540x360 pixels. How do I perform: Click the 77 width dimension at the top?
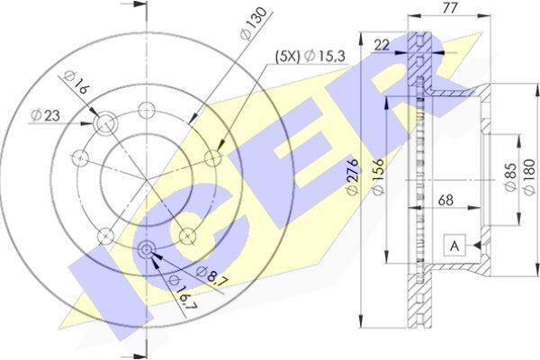click(449, 8)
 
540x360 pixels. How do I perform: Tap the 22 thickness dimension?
click(382, 45)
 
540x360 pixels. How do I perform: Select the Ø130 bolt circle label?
click(254, 23)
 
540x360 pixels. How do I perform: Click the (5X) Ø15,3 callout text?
click(310, 56)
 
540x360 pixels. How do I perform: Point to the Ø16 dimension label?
click(76, 83)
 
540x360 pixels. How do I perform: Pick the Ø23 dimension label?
click(45, 115)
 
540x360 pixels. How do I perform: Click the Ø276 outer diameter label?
click(354, 177)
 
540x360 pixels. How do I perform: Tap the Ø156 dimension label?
click(379, 177)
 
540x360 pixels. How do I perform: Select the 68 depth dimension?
click(446, 200)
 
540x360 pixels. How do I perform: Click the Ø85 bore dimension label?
click(510, 176)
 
